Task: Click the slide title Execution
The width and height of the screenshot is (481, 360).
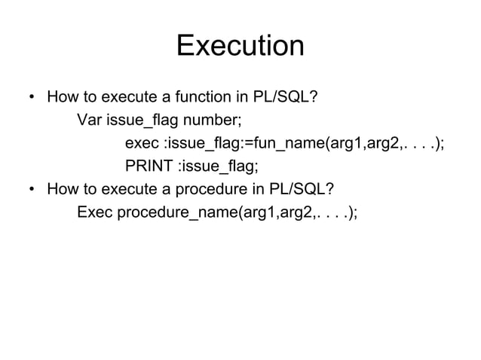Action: (x=240, y=47)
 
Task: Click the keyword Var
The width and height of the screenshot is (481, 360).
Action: (x=90, y=121)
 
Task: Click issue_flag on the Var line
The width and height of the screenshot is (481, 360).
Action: (x=143, y=121)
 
